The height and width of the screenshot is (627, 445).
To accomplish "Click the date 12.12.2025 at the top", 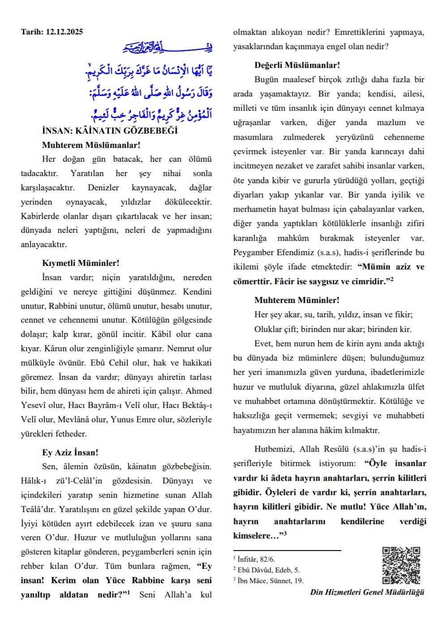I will tap(64, 32).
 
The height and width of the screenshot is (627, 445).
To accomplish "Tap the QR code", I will tap(401, 565).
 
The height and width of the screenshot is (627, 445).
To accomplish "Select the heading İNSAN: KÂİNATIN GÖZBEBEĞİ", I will tap(110, 130).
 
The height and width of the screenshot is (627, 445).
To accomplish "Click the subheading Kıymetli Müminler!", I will tap(81, 263).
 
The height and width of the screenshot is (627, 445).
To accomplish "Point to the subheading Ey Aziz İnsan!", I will tap(70, 452).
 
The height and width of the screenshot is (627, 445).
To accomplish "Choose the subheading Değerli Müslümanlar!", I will tap(297, 65).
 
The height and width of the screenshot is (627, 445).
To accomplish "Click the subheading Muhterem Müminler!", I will tap(297, 300).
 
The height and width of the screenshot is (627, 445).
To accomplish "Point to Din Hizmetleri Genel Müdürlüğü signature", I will tap(367, 592).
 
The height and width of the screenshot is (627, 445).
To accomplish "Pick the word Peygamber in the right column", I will tap(252, 252).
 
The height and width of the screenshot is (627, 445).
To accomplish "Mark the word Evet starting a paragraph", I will tap(264, 344).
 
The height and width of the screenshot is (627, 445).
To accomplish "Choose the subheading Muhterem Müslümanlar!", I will tap(91, 145).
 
